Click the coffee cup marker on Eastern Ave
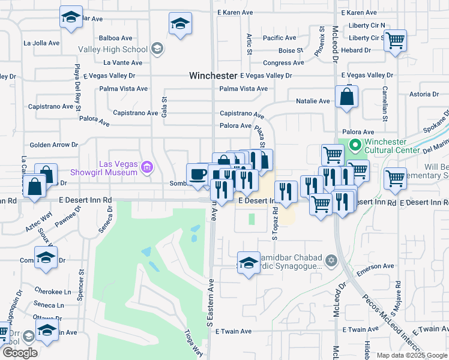[197, 174]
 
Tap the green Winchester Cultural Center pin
[354, 145]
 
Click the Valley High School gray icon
[157, 49]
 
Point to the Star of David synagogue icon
[330, 262]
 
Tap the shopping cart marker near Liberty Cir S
[395, 41]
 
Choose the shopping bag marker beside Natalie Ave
[347, 97]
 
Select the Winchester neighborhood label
[213, 76]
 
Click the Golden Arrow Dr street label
[55, 145]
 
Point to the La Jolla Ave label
[41, 43]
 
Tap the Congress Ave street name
[283, 62]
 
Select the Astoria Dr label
[424, 94]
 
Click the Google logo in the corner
[20, 353]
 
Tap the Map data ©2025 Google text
[412, 355]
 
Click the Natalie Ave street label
[313, 101]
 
